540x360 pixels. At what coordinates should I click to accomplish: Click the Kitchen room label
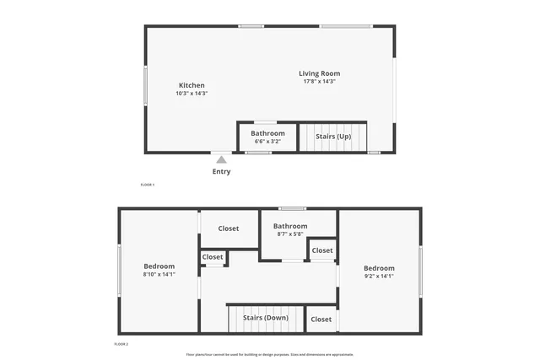[x=192, y=85]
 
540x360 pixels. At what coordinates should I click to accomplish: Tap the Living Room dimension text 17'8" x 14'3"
[x=320, y=82]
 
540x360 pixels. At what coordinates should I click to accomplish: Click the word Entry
[x=221, y=171]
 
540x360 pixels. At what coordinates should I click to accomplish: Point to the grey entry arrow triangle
[x=221, y=159]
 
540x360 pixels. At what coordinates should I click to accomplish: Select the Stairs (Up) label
[x=333, y=136]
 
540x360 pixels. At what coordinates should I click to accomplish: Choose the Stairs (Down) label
[x=266, y=318]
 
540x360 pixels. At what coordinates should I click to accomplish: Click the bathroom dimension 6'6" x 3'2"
[x=267, y=142]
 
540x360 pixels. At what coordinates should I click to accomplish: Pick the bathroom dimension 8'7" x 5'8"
[x=290, y=234]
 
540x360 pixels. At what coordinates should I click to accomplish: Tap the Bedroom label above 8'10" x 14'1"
[x=159, y=266]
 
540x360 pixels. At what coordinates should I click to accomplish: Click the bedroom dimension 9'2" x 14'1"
[x=379, y=276]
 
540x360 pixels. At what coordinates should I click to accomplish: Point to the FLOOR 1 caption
[x=148, y=184]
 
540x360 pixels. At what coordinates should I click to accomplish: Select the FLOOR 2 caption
[x=121, y=344]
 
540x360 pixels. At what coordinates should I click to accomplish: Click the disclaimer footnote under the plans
[x=270, y=354]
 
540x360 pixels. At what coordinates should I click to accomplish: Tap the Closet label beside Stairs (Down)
[x=321, y=320]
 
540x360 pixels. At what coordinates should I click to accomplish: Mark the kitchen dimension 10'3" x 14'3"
[x=192, y=94]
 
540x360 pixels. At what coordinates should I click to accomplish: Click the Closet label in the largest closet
[x=229, y=228]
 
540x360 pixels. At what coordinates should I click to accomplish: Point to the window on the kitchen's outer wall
[x=145, y=85]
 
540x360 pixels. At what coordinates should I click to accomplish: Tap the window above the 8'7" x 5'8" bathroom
[x=293, y=208]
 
